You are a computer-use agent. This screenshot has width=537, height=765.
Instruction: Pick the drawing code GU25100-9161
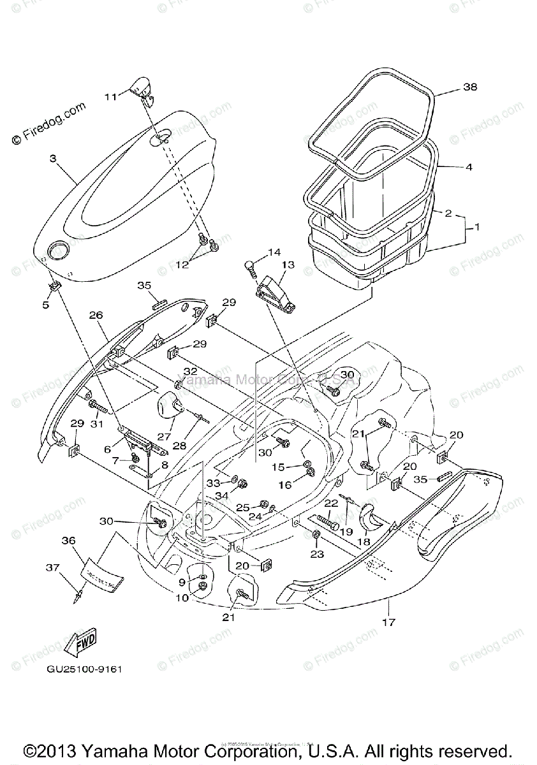pyautogui.click(x=84, y=669)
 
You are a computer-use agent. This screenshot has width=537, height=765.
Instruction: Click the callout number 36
pyautogui.click(x=68, y=541)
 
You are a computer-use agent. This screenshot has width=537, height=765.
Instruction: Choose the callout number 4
pyautogui.click(x=468, y=168)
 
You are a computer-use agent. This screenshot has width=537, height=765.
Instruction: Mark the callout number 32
pyautogui.click(x=190, y=371)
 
